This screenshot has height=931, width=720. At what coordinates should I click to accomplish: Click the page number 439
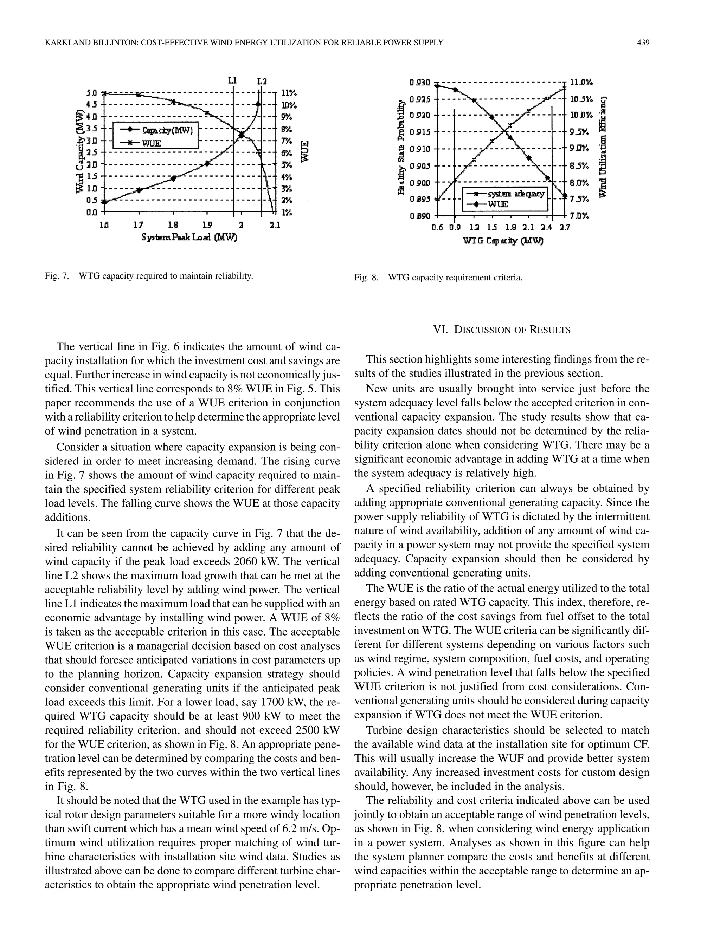point(643,42)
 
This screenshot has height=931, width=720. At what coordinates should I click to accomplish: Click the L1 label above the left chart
point(232,80)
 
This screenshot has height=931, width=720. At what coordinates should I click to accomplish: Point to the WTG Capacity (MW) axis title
point(503,241)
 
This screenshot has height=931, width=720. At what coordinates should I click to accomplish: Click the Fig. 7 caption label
point(56,276)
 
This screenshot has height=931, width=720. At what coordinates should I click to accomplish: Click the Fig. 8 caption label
point(366,278)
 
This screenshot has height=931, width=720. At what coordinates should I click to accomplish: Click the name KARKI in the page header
point(58,42)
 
